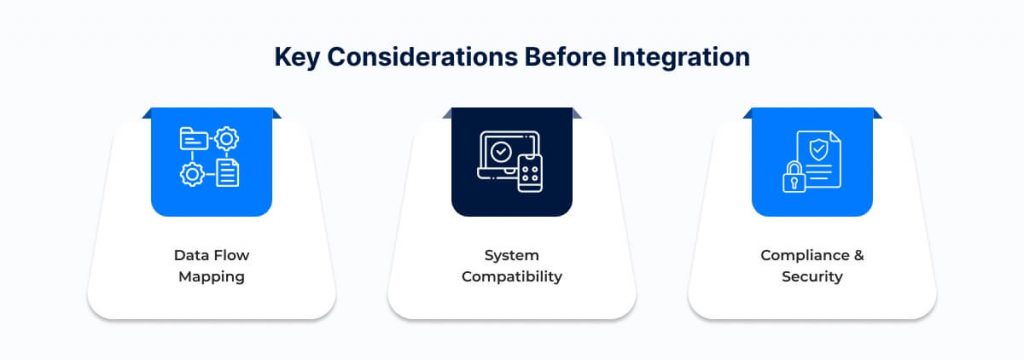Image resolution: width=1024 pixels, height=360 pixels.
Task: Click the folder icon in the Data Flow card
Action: [x=193, y=139]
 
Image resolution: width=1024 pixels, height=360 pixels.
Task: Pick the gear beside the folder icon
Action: [x=227, y=139]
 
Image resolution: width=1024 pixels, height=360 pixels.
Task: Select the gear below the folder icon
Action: [x=192, y=174]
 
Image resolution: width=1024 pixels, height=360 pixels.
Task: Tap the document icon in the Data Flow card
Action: [x=227, y=173]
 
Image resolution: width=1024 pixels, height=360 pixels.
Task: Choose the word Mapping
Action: [x=212, y=277]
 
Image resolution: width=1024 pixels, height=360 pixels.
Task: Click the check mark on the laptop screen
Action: [x=501, y=151]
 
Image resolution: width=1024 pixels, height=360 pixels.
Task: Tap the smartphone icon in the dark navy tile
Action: [x=530, y=173]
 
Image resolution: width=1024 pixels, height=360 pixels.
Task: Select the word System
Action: [x=511, y=255]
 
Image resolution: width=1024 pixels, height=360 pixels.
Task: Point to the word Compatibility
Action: [x=511, y=277]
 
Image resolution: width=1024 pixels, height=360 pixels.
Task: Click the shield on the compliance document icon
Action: [x=817, y=150]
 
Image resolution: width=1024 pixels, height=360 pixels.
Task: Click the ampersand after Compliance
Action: [x=858, y=255]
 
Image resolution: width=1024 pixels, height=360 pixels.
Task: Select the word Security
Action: [x=812, y=277]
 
